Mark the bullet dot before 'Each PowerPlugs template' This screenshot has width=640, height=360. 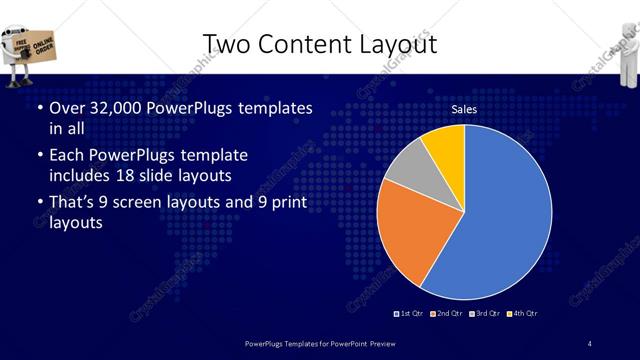coord(39,157)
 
